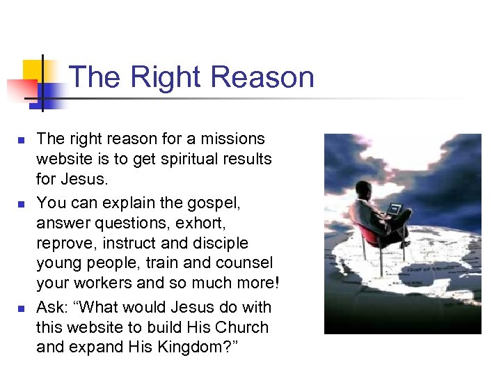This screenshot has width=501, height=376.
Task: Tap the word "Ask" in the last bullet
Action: click(x=51, y=307)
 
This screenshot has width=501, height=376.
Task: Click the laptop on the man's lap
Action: click(x=395, y=208)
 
